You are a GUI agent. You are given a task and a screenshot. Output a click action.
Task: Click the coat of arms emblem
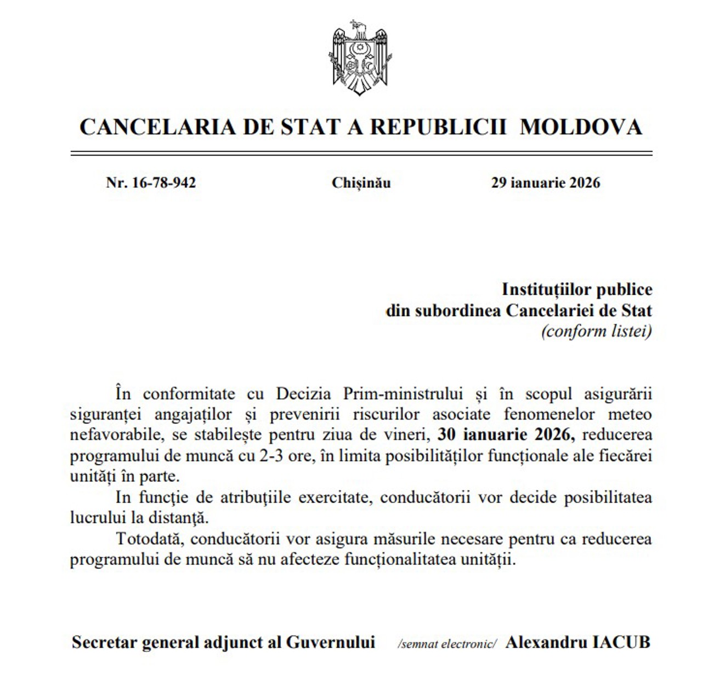[360, 58]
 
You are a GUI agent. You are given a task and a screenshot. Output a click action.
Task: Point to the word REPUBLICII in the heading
[438, 127]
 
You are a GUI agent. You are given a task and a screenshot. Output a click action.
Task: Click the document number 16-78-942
[163, 183]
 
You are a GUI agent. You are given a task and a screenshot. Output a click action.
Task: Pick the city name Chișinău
[361, 183]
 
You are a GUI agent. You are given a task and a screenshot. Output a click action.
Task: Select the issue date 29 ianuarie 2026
[545, 183]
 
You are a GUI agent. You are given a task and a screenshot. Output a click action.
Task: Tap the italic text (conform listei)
[597, 331]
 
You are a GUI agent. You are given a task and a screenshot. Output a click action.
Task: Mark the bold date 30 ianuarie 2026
[506, 436]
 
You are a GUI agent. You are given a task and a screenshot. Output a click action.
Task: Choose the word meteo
[630, 415]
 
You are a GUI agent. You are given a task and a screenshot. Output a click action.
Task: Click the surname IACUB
[623, 643]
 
